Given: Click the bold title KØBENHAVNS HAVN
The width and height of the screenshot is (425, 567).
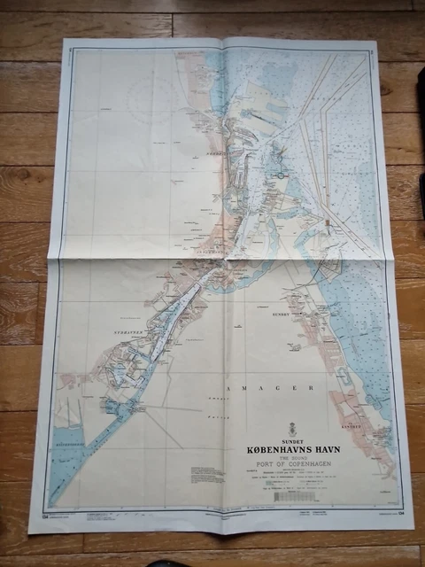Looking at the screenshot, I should pos(293,449).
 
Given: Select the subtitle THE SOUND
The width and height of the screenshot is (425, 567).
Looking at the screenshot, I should pos(293,458).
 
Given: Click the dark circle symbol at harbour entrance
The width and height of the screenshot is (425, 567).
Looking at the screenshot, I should pos(281,175).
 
